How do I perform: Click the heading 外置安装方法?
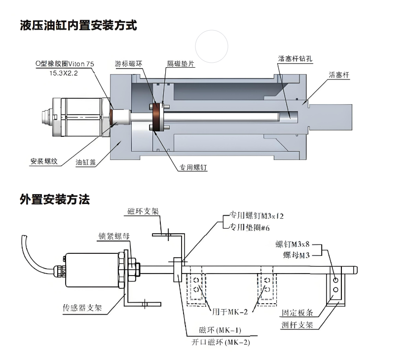tap(55, 200)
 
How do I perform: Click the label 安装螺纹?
tap(44, 161)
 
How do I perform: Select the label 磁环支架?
tap(143, 211)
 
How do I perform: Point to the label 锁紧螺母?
tap(114, 236)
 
